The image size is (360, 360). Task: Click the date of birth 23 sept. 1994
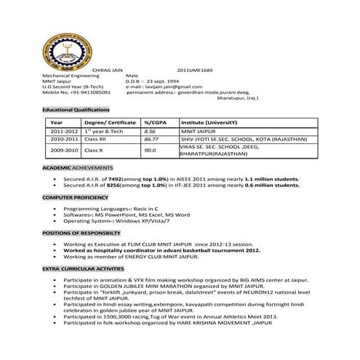pyautogui.click(x=162, y=81)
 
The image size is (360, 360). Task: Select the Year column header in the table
pyautogui.click(x=57, y=122)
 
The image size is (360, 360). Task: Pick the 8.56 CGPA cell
pyautogui.click(x=151, y=131)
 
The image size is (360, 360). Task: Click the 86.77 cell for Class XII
pyautogui.click(x=151, y=138)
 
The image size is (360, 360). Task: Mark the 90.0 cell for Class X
pyautogui.click(x=150, y=150)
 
